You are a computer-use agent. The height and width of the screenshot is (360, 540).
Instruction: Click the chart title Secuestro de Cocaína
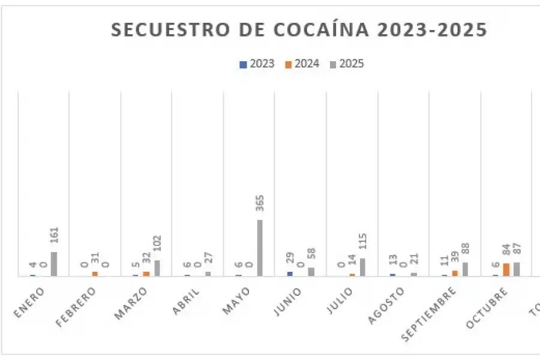(x=299, y=30)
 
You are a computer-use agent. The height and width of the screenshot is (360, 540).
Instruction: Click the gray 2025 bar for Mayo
(x=260, y=248)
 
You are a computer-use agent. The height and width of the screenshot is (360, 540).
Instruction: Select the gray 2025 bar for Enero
(x=54, y=264)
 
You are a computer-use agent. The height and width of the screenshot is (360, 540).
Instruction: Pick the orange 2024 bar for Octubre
(x=506, y=269)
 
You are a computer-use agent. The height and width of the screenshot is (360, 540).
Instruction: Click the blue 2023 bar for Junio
(x=290, y=274)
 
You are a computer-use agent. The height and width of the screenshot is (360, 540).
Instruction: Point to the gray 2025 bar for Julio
(x=362, y=267)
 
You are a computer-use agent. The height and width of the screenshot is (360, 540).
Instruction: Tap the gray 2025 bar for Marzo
(x=157, y=268)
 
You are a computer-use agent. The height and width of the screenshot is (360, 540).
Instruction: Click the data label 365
(x=260, y=205)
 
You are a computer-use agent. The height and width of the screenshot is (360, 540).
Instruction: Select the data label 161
(x=54, y=238)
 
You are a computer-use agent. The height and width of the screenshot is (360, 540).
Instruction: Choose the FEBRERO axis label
(x=76, y=307)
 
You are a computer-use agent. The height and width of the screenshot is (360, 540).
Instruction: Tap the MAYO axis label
(x=237, y=299)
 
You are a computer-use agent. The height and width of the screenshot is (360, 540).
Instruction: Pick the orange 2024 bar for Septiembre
(x=455, y=273)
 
